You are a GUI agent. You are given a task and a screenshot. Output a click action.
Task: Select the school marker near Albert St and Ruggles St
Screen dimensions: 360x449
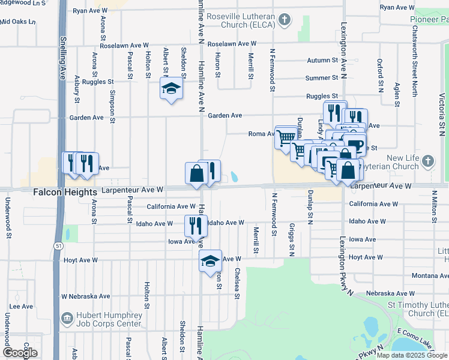pos(171,89)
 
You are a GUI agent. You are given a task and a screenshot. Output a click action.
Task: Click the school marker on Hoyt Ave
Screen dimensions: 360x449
pos(210,260)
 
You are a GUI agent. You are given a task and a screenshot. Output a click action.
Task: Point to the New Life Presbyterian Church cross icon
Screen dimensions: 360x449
pos(427,161)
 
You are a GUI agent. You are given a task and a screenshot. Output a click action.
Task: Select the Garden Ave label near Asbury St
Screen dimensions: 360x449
pos(88,118)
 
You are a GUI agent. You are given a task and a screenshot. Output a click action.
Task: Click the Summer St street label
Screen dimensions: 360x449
pos(322,78)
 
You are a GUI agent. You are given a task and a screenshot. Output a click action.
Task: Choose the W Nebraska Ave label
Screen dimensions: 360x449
pos(86,296)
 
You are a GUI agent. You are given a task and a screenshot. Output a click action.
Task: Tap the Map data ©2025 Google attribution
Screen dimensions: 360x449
pos(412,355)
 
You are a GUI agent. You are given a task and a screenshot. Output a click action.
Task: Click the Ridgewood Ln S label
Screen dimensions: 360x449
pos(23,3)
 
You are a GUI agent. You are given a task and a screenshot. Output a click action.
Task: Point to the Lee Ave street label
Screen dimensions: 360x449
pos(21,306)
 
